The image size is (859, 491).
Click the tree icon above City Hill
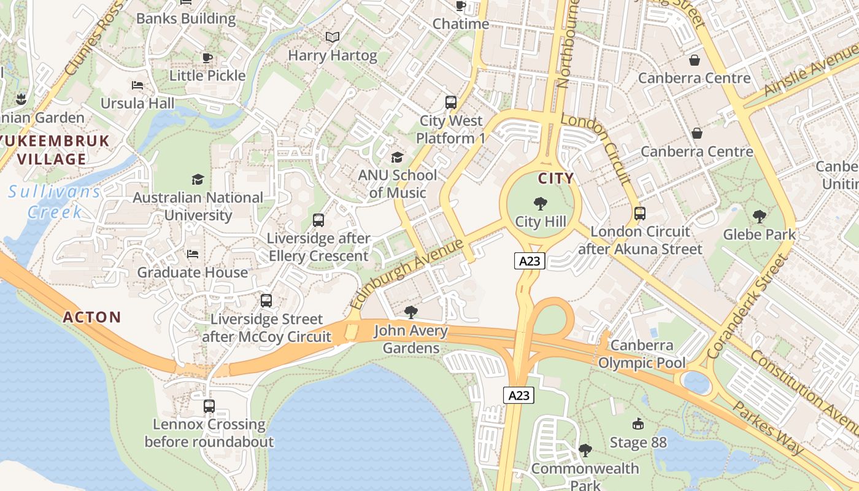pyautogui.click(x=541, y=204)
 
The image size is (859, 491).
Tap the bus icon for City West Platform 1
pyautogui.click(x=451, y=102)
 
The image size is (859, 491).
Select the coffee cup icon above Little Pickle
pyautogui.click(x=207, y=58)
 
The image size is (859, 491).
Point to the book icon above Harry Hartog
pyautogui.click(x=333, y=37)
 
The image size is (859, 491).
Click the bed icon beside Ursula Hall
pyautogui.click(x=137, y=85)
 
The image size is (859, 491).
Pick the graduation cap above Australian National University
pyautogui.click(x=198, y=179)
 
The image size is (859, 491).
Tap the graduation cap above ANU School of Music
pyautogui.click(x=397, y=157)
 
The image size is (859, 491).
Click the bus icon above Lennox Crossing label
pyautogui.click(x=209, y=406)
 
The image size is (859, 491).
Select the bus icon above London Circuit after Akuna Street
pyautogui.click(x=640, y=214)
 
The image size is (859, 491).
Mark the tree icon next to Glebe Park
pyautogui.click(x=759, y=217)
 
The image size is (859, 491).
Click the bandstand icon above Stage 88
pyautogui.click(x=638, y=423)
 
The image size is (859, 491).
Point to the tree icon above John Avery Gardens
pyautogui.click(x=411, y=312)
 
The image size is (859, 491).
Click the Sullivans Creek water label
pyautogui.click(x=54, y=202)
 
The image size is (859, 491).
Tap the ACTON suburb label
pyautogui.click(x=92, y=317)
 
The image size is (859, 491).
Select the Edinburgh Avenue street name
pyautogui.click(x=406, y=274)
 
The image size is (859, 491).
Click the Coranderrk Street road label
pyautogui.click(x=746, y=307)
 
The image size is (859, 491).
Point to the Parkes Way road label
pyautogui.click(x=768, y=428)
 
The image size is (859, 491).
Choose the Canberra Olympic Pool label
pyautogui.click(x=642, y=354)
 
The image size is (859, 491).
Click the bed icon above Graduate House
pyautogui.click(x=193, y=253)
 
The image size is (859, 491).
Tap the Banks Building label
pyautogui.click(x=186, y=18)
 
